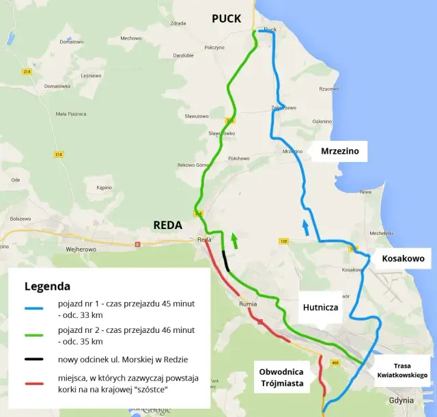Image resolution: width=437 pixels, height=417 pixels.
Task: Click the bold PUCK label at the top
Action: (226, 18)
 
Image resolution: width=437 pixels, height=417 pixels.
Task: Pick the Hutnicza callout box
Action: (320, 308)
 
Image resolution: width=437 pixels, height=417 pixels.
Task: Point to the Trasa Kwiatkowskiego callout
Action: (402, 370)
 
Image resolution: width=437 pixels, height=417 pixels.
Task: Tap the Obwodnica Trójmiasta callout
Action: (281, 377)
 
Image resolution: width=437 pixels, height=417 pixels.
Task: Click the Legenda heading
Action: (47, 285)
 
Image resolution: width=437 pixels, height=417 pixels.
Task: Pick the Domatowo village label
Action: (71, 42)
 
